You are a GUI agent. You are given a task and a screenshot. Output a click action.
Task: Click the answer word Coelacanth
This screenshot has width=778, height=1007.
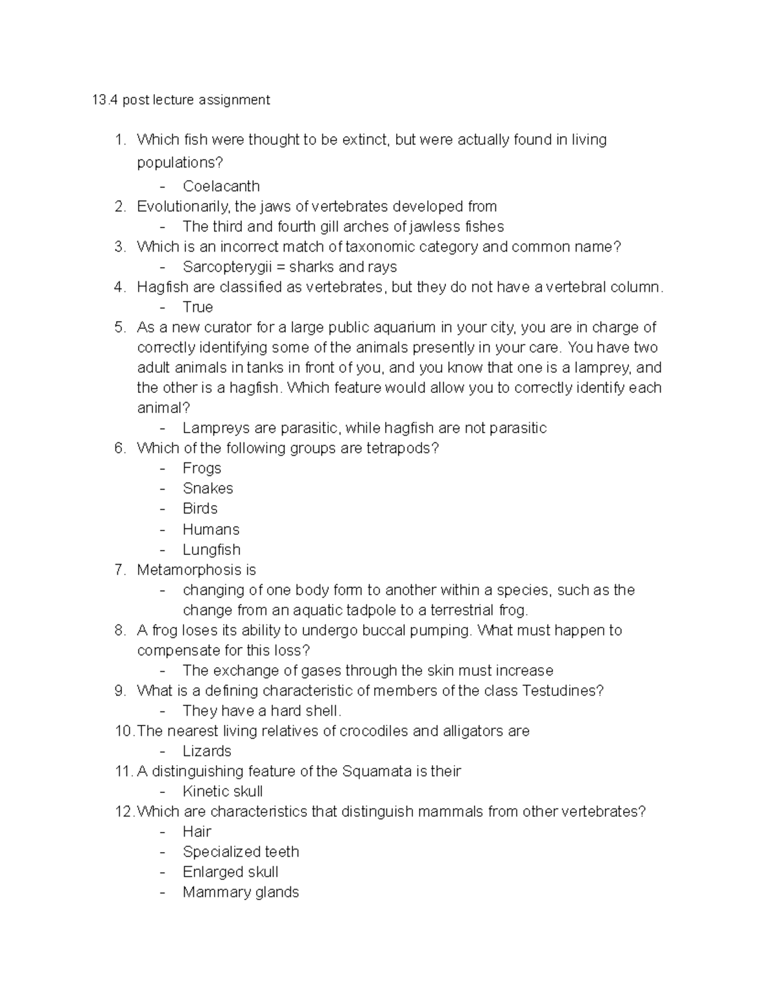coord(221,186)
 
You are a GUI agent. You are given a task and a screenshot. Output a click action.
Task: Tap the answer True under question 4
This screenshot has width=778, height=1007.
coord(198,307)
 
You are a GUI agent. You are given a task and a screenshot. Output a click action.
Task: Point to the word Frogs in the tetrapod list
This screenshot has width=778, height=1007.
coord(202,468)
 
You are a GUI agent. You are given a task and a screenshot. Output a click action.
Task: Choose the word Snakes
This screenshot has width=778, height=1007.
coord(207,488)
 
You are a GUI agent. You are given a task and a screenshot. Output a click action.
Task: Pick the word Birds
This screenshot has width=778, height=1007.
coord(200,508)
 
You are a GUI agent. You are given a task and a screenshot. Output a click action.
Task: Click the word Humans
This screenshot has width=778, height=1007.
coord(211,529)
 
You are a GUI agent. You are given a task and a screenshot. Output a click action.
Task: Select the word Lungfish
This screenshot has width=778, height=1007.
coord(211,549)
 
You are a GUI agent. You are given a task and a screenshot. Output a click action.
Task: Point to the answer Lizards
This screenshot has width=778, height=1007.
coord(207,751)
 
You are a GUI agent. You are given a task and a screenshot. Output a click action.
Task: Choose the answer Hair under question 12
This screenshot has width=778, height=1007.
coord(197,831)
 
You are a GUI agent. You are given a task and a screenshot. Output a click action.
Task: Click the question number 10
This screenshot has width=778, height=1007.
coord(124,731)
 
